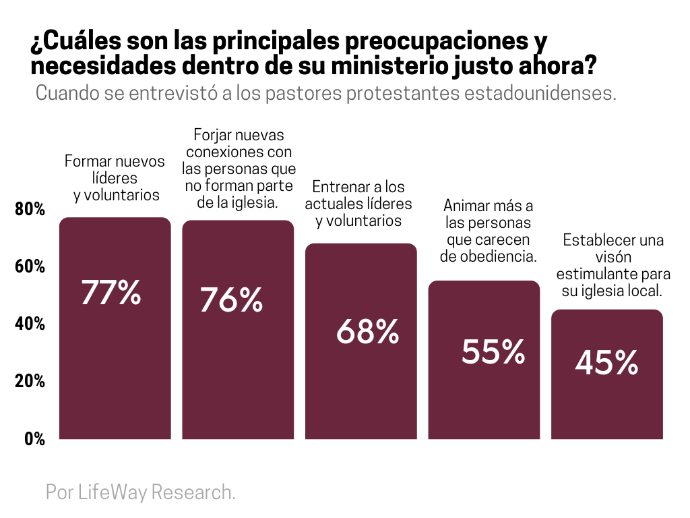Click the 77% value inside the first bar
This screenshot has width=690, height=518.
pos(111,293)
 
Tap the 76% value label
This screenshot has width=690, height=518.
pos(231,300)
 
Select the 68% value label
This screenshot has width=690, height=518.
pos(367,331)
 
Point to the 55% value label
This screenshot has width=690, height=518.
pos(493,351)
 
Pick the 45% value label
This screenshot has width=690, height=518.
pos(606,364)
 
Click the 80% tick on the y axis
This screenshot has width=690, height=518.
pos(30,210)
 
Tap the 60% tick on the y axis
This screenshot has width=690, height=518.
pos(30,267)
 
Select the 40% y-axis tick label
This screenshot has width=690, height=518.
pos(30,324)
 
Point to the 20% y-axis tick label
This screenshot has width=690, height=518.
pos(30,382)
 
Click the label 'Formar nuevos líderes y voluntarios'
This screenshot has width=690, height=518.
pos(115,178)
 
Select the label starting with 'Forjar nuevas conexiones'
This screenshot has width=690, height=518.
pos(239,168)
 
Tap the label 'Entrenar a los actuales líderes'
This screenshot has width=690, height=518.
pos(358,204)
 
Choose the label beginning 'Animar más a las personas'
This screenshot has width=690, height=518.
pos(488,231)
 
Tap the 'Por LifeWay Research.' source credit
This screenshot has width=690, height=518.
pos(141,492)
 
